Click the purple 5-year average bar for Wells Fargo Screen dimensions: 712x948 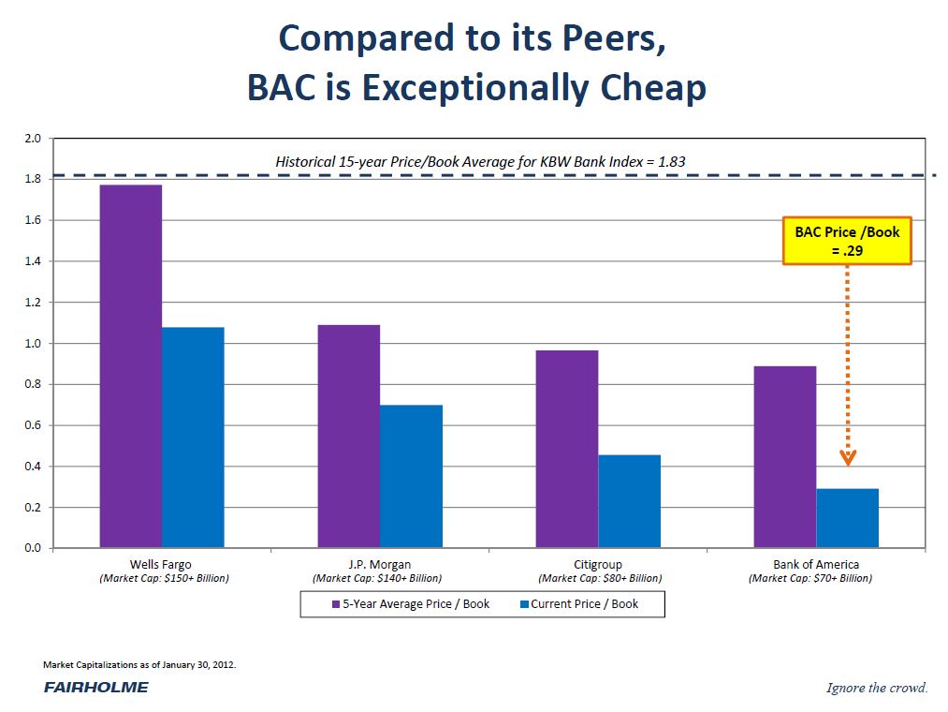[130, 365]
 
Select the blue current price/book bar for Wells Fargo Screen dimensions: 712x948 [193, 437]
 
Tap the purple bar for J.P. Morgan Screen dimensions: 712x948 [348, 436]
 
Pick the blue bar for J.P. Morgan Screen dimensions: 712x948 [411, 476]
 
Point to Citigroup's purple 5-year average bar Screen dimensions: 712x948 [566, 449]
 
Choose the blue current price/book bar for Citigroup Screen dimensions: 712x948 [629, 501]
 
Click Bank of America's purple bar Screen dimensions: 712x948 [784, 456]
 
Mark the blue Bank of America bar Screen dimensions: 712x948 [847, 518]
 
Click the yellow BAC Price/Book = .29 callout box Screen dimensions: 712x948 [847, 241]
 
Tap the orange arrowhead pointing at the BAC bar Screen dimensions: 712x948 [848, 458]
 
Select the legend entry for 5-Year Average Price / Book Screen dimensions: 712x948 [411, 604]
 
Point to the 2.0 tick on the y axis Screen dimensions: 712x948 [32, 139]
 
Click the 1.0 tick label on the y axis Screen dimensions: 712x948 [32, 344]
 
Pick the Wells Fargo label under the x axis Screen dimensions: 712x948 [160, 565]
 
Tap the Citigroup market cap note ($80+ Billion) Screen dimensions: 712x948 [600, 579]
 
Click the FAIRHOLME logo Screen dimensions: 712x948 [95, 688]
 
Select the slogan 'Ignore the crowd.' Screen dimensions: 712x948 [877, 689]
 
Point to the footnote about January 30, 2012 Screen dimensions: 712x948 [139, 664]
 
